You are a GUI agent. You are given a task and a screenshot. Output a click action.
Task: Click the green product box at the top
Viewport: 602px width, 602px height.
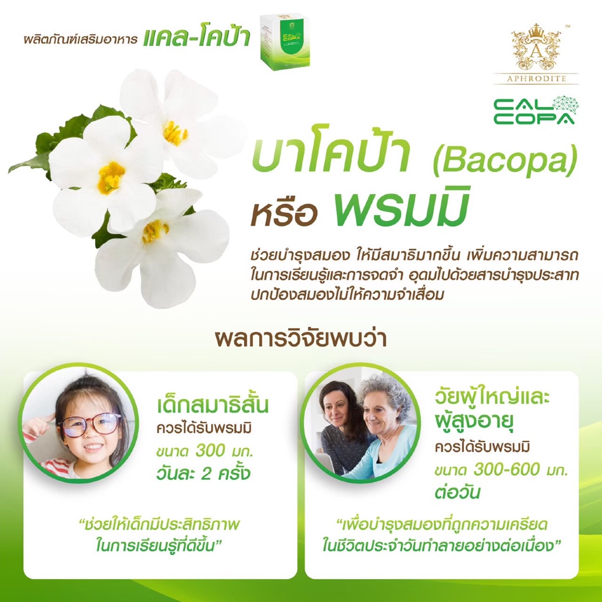tap(285, 42)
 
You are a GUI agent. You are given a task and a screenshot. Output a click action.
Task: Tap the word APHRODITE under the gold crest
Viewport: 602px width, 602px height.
tap(536, 79)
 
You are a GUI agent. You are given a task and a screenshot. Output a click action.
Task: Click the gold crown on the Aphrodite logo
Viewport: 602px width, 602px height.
tap(536, 29)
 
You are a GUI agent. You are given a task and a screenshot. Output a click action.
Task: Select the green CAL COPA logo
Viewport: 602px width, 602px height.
tap(536, 111)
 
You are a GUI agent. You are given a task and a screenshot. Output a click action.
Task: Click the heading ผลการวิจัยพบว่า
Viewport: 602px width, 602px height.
tap(300, 338)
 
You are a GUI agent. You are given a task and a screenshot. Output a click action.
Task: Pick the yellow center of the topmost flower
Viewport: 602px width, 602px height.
tap(175, 133)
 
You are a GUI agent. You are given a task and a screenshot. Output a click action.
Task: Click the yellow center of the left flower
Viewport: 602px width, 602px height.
tap(111, 178)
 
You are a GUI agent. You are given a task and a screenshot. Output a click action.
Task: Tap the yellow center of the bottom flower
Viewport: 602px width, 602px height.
tap(155, 231)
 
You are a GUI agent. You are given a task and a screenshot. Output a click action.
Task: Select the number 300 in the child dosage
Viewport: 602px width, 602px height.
tap(210, 450)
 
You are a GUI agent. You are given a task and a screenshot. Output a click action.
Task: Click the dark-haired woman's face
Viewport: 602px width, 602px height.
tap(336, 411)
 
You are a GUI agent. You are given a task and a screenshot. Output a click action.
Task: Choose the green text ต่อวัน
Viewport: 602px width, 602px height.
tap(457, 491)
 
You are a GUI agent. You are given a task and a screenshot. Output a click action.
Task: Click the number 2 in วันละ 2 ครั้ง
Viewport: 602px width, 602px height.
tap(206, 473)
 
